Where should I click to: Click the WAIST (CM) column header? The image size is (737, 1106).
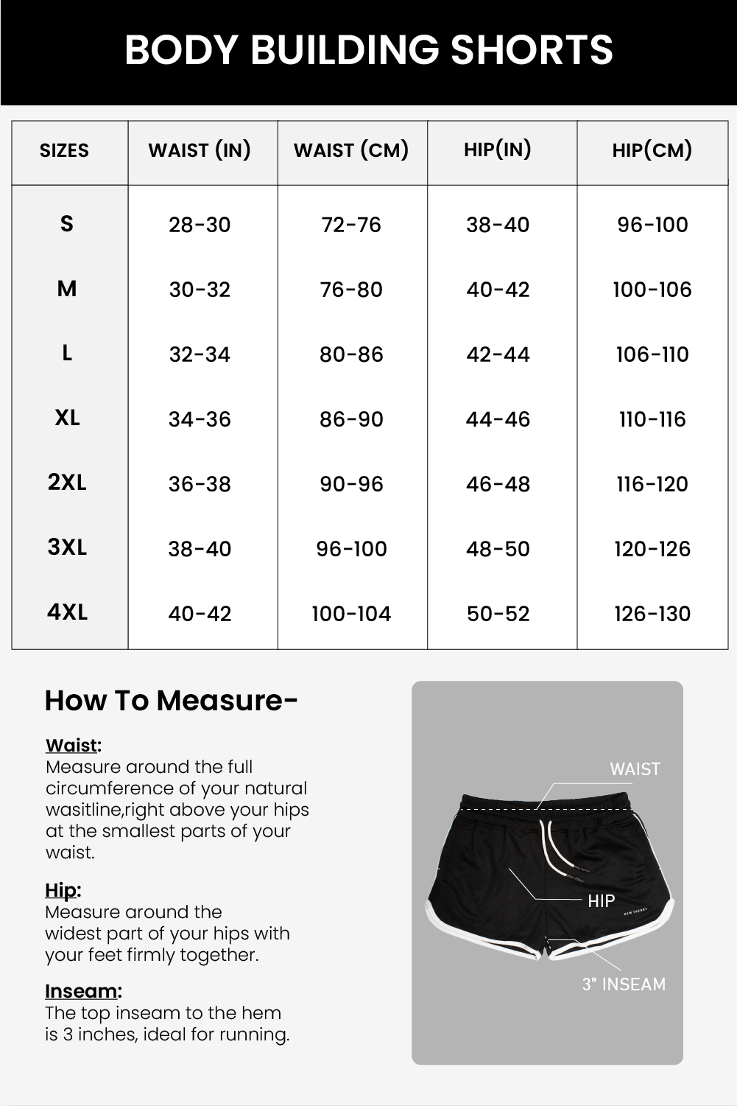351,150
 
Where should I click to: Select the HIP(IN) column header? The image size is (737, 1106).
498,150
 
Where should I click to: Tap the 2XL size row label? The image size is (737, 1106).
67,483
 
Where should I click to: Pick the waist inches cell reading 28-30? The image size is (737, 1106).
200,225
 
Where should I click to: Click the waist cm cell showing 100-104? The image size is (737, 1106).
351,614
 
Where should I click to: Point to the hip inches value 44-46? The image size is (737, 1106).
498,419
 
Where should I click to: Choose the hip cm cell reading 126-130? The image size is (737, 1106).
652,614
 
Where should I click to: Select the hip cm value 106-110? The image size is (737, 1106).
652,354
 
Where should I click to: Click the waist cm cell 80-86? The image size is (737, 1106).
351,354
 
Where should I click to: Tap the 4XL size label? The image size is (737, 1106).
67,612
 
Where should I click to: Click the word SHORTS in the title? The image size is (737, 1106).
531,50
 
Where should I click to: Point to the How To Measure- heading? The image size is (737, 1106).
171,700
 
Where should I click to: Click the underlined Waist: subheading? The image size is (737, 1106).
73,745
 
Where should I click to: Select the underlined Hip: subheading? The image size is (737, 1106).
63,890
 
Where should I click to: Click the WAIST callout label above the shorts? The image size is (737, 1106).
635,769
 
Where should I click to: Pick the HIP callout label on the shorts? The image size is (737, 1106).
601,900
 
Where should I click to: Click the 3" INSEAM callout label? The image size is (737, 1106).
624,984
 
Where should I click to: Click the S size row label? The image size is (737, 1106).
67,223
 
